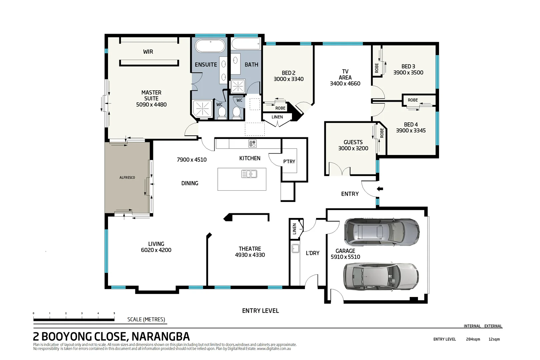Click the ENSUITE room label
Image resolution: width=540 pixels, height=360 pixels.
pos(206,65)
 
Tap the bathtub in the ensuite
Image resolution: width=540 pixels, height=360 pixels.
pos(210,46)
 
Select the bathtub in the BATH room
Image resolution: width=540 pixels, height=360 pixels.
pos(246,44)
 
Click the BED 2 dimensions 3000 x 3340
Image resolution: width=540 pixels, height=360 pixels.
pos(288,79)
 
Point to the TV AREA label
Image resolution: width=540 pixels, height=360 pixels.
pos(345,74)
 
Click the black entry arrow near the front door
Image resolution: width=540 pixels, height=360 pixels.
pos(380,189)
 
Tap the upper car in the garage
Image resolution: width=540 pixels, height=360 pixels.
pos(381,231)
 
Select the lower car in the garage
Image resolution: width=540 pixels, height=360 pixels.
pos(381,276)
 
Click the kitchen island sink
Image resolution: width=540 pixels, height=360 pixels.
pos(249,174)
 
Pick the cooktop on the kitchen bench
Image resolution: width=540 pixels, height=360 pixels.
pos(252,144)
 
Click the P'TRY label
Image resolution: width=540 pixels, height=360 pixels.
pos(289,161)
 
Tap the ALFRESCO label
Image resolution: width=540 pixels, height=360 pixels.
pos(127,178)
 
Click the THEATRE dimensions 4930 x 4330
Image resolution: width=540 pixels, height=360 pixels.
pos(250,255)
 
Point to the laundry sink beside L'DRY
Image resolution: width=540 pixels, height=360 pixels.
pos(295,248)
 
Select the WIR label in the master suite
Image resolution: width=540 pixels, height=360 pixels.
pos(148,52)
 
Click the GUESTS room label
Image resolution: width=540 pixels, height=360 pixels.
pos(353,142)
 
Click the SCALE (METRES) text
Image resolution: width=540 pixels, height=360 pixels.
pos(146,319)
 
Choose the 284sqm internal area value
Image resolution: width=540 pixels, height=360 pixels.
pos(473,339)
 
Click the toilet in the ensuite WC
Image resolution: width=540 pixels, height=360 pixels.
pos(222,114)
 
